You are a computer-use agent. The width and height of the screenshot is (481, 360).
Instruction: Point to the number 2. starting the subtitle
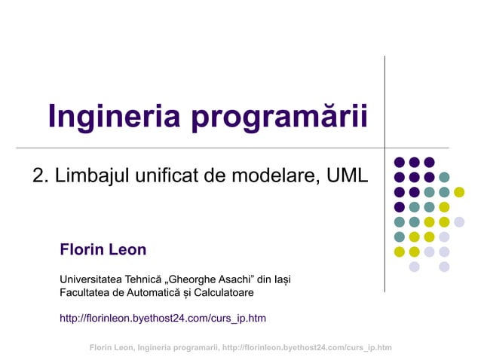pos(41,175)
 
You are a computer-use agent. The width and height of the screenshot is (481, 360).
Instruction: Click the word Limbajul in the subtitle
pos(90,175)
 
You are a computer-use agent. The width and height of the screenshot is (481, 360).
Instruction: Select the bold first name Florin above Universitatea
pos(81,249)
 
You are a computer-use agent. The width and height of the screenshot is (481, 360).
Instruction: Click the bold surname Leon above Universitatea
pos(127,249)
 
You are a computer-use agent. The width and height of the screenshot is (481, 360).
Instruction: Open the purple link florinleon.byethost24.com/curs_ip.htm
pos(163,318)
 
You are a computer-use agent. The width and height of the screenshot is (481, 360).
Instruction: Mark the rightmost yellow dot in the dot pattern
pos(459,192)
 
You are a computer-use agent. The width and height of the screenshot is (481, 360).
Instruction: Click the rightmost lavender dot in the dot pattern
pos(459,221)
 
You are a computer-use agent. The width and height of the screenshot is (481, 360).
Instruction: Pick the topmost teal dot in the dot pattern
pos(444,177)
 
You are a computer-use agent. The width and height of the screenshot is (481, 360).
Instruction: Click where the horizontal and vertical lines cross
pos(385,148)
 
